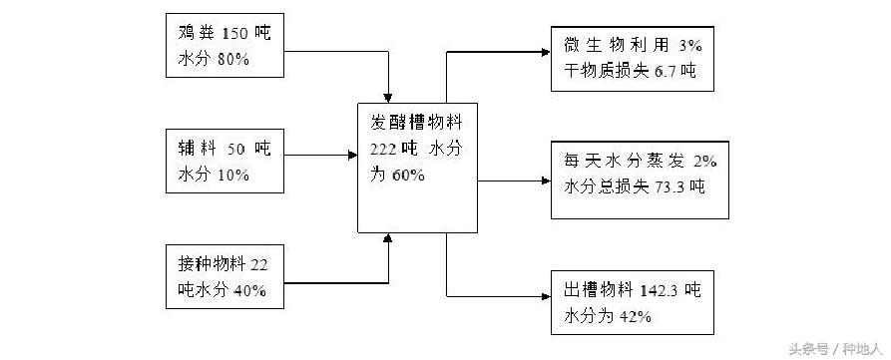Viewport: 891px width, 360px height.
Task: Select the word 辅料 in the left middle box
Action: [195, 149]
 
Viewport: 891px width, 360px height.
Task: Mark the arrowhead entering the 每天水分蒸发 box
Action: [543, 181]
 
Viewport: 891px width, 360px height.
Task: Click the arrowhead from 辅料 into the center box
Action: [352, 155]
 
